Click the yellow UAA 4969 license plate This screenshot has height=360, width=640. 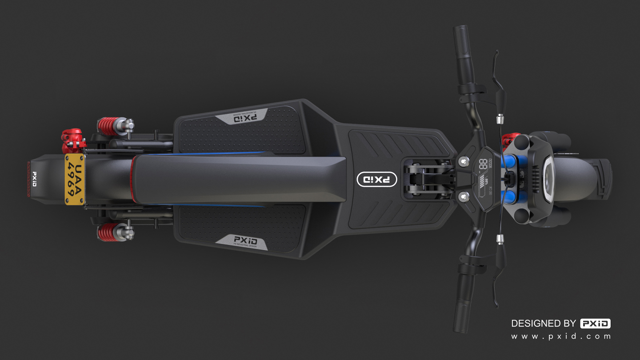click(75, 180)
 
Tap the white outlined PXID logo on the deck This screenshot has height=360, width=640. click(377, 179)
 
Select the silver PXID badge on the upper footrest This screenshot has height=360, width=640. click(241, 117)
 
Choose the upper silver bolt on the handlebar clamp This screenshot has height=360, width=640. click(464, 161)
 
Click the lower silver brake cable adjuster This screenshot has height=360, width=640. click(500, 240)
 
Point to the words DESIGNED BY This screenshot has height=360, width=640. click(544, 324)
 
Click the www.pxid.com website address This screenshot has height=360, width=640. click(561, 336)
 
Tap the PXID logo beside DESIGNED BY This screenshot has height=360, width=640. click(595, 324)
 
